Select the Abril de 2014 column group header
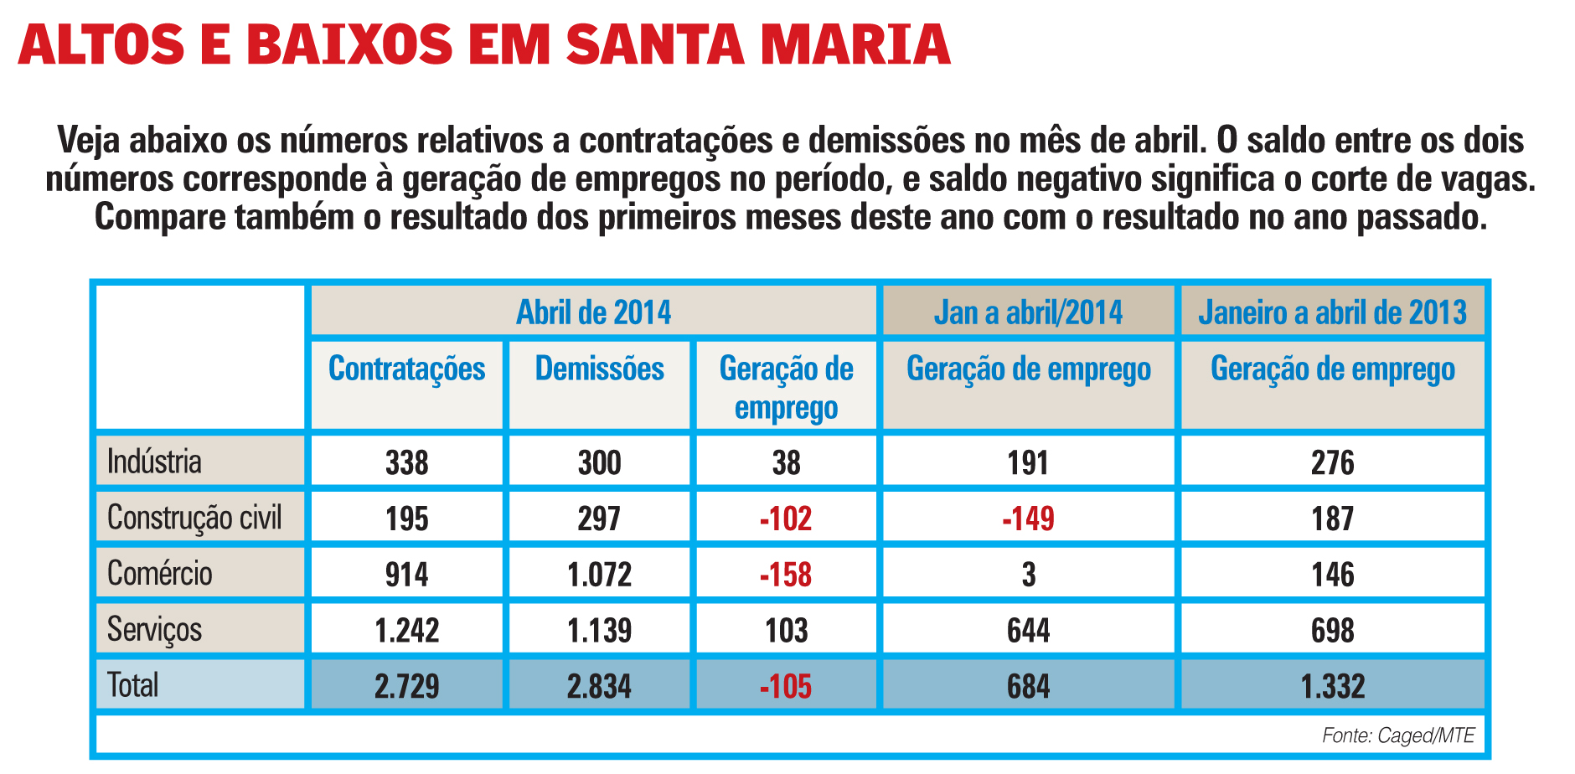593,312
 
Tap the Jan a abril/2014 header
1028,312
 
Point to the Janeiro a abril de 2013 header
1332,312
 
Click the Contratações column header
406,369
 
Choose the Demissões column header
599,369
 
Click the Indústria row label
155,462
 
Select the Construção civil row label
194,518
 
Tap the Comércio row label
160,574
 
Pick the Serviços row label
155,629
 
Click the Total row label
133,685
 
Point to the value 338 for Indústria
406,462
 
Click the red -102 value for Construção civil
786,519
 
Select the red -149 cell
1028,519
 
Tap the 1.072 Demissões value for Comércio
599,575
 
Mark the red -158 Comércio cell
786,575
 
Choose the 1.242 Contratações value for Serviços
406,630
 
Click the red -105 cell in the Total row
786,687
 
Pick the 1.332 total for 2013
1332,687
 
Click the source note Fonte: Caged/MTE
1397,735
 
